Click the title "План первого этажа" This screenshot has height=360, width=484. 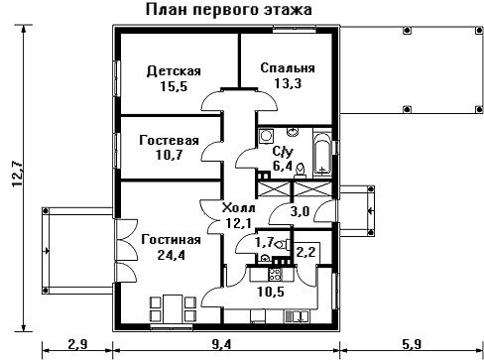click(229, 10)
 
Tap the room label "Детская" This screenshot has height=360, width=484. click(174, 71)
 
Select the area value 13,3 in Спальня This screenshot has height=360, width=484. click(288, 83)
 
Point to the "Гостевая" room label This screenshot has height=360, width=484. click(169, 141)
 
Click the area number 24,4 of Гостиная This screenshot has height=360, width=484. click(171, 255)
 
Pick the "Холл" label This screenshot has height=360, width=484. click(239, 208)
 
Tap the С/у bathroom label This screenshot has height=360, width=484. click(283, 152)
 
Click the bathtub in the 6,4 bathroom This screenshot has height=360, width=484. click(322, 155)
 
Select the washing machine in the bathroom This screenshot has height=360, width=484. click(266, 136)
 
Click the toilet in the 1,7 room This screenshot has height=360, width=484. click(282, 245)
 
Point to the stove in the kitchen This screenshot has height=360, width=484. click(275, 274)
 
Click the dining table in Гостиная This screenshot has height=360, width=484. click(173, 308)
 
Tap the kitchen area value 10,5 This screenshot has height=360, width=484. click(271, 292)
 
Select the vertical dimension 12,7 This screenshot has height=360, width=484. click(17, 174)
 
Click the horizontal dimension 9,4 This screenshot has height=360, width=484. click(222, 344)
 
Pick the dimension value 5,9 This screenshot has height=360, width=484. click(412, 344)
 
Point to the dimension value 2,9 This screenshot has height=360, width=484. click(77, 344)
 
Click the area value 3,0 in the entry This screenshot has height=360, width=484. click(300, 211)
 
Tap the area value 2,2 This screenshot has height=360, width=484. click(305, 252)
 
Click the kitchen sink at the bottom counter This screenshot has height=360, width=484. click(298, 316)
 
